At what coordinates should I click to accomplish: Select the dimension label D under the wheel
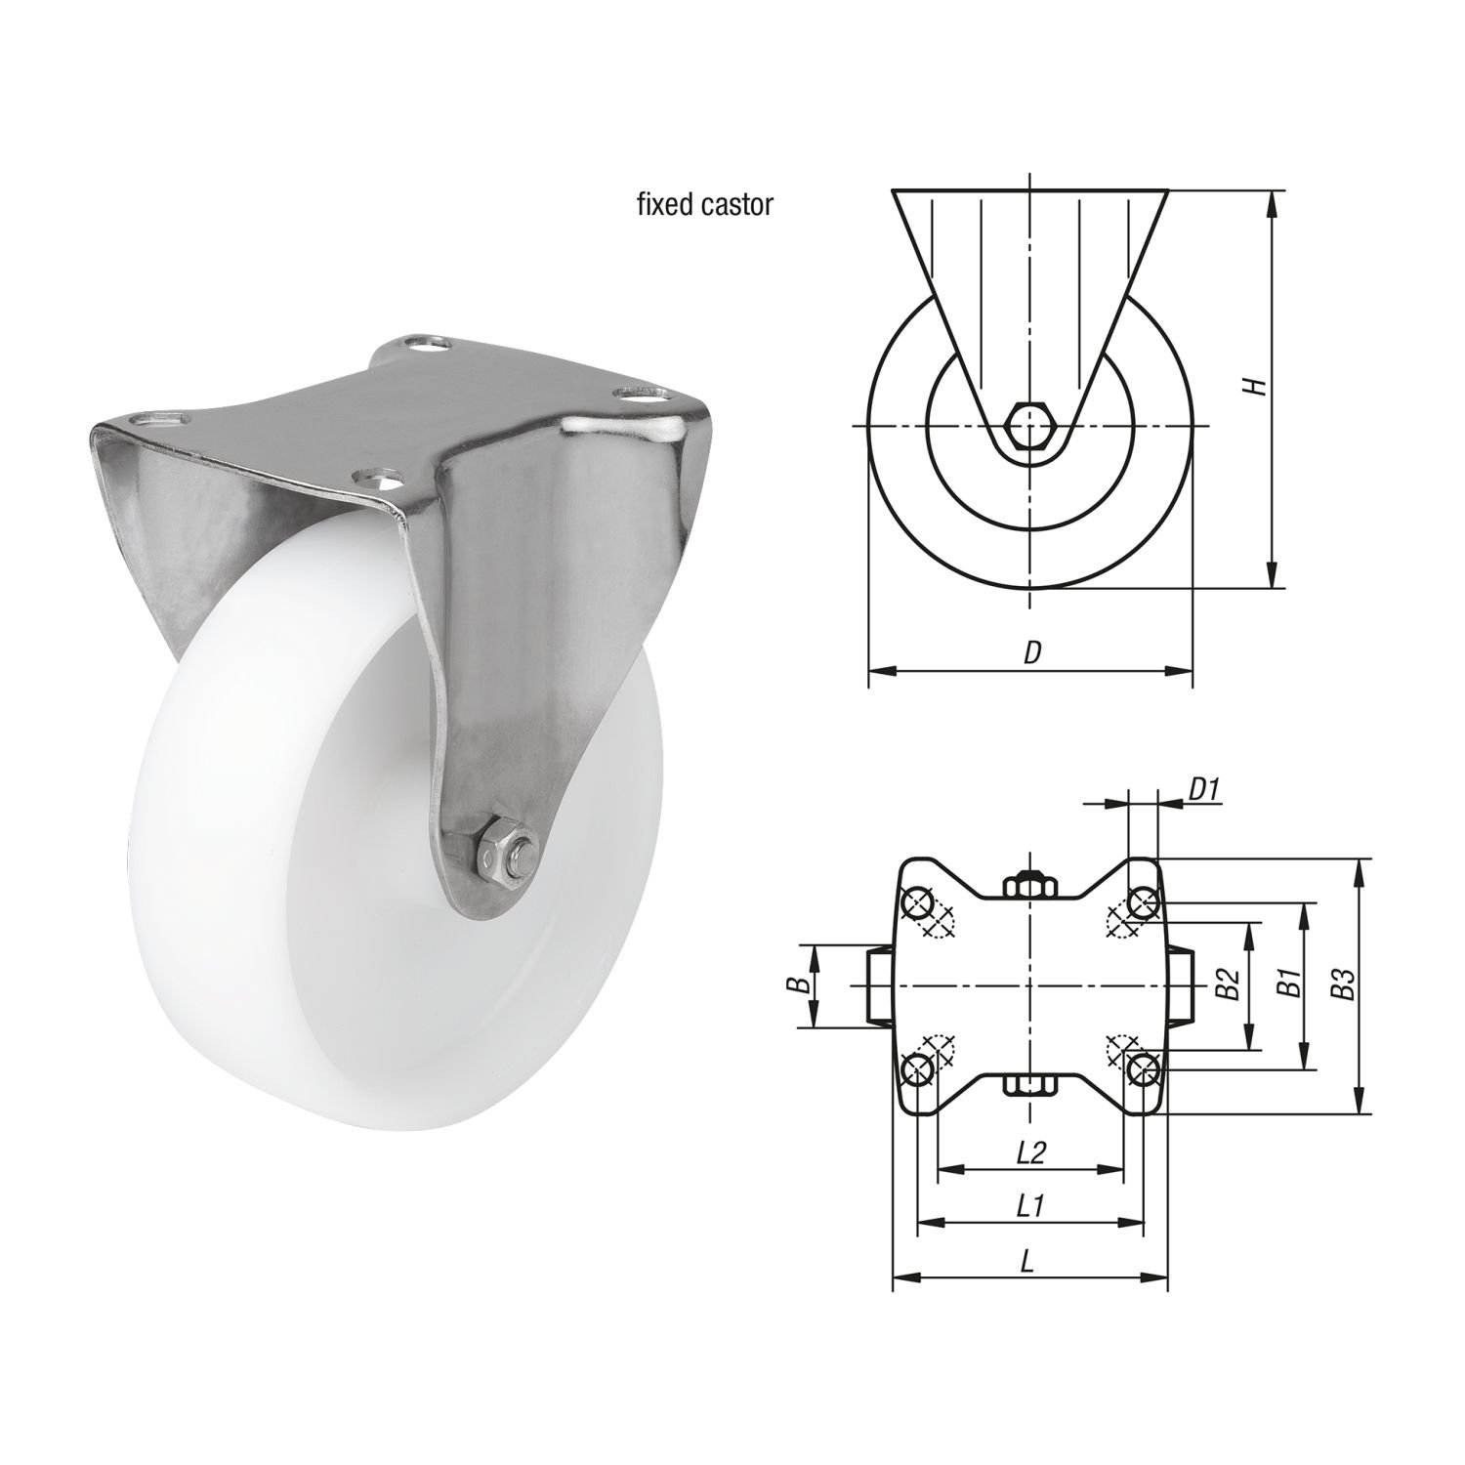[x=1031, y=652]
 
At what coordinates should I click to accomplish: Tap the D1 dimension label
[x=1205, y=789]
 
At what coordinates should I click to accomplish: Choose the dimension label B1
[x=1288, y=985]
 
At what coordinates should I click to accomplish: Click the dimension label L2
[x=1031, y=1152]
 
